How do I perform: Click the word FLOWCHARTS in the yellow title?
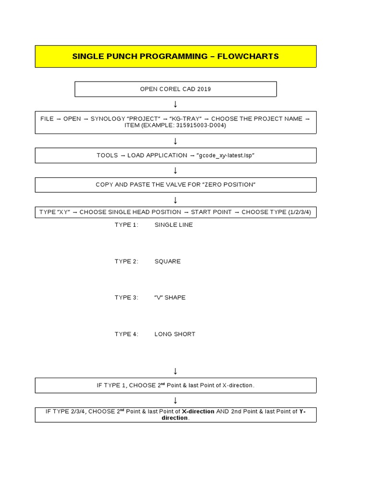(248, 56)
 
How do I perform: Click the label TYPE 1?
(126, 225)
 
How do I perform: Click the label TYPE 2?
(126, 261)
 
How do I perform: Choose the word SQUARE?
(168, 261)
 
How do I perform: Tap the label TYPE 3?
(126, 297)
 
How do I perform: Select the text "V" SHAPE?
(170, 297)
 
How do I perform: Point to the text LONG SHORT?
(175, 334)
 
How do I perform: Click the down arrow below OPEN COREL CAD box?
(175, 104)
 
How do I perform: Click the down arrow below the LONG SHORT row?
(175, 370)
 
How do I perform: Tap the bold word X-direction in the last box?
(198, 411)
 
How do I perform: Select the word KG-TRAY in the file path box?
(184, 119)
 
